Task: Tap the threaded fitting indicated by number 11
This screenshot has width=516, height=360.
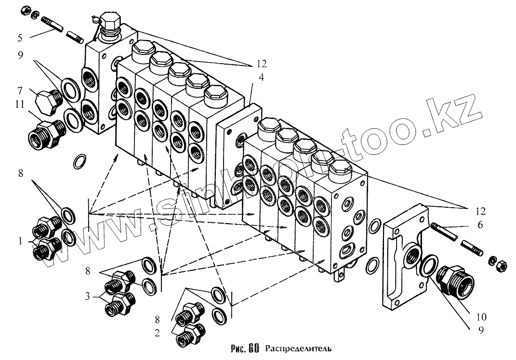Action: pyautogui.click(x=47, y=132)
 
